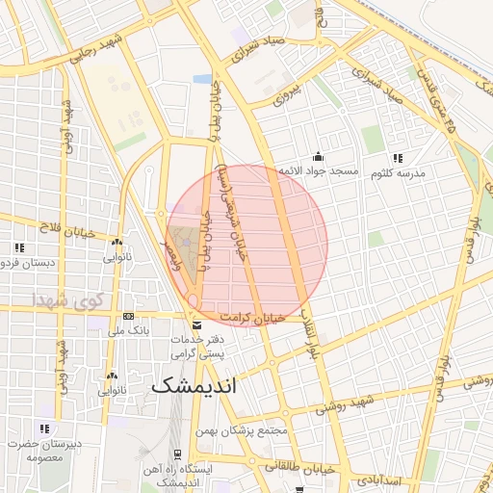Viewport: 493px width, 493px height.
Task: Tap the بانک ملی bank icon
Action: pyautogui.click(x=128, y=316)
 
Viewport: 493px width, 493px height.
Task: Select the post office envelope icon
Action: pyautogui.click(x=197, y=325)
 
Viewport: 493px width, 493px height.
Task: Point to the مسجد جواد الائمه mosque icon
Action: pyautogui.click(x=319, y=157)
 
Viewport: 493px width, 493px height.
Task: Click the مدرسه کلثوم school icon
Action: pyautogui.click(x=397, y=158)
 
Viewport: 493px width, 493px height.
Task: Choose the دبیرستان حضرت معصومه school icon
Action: pyautogui.click(x=43, y=428)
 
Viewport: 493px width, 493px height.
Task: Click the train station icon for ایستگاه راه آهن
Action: pyautogui.click(x=177, y=454)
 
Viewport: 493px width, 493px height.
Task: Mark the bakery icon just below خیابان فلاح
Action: pyautogui.click(x=116, y=244)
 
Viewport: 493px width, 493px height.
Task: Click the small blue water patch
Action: pyautogui.click(x=202, y=78)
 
